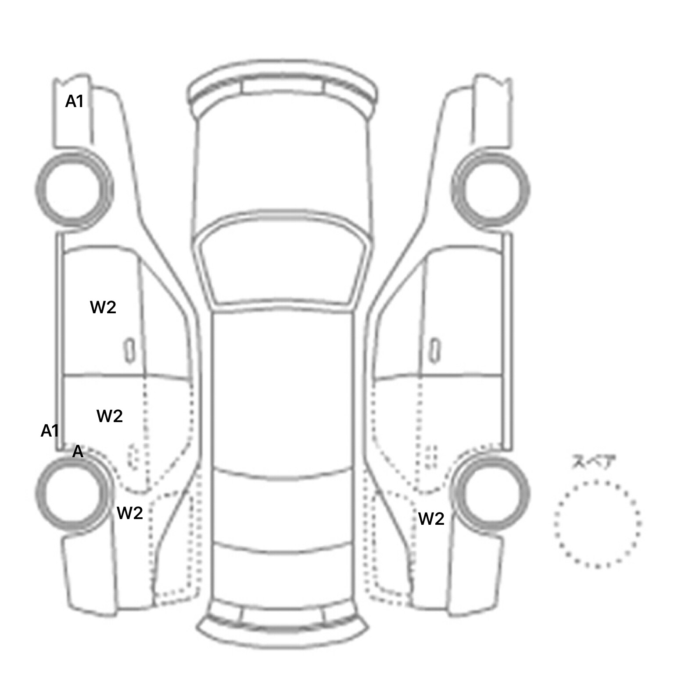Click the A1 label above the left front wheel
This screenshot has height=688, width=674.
[x=74, y=101]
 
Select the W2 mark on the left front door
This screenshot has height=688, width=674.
[x=103, y=307]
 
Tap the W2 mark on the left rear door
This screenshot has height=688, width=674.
[x=109, y=416]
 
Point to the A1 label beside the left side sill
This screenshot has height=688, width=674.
[x=50, y=431]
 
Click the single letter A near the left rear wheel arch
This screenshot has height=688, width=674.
[x=78, y=451]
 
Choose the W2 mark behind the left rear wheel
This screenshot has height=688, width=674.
[x=130, y=512]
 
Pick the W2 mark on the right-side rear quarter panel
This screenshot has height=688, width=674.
[x=431, y=519]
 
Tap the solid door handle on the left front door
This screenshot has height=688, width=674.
[x=129, y=351]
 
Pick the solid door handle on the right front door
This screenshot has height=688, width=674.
[x=435, y=351]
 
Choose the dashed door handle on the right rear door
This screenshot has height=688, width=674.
[x=432, y=457]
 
